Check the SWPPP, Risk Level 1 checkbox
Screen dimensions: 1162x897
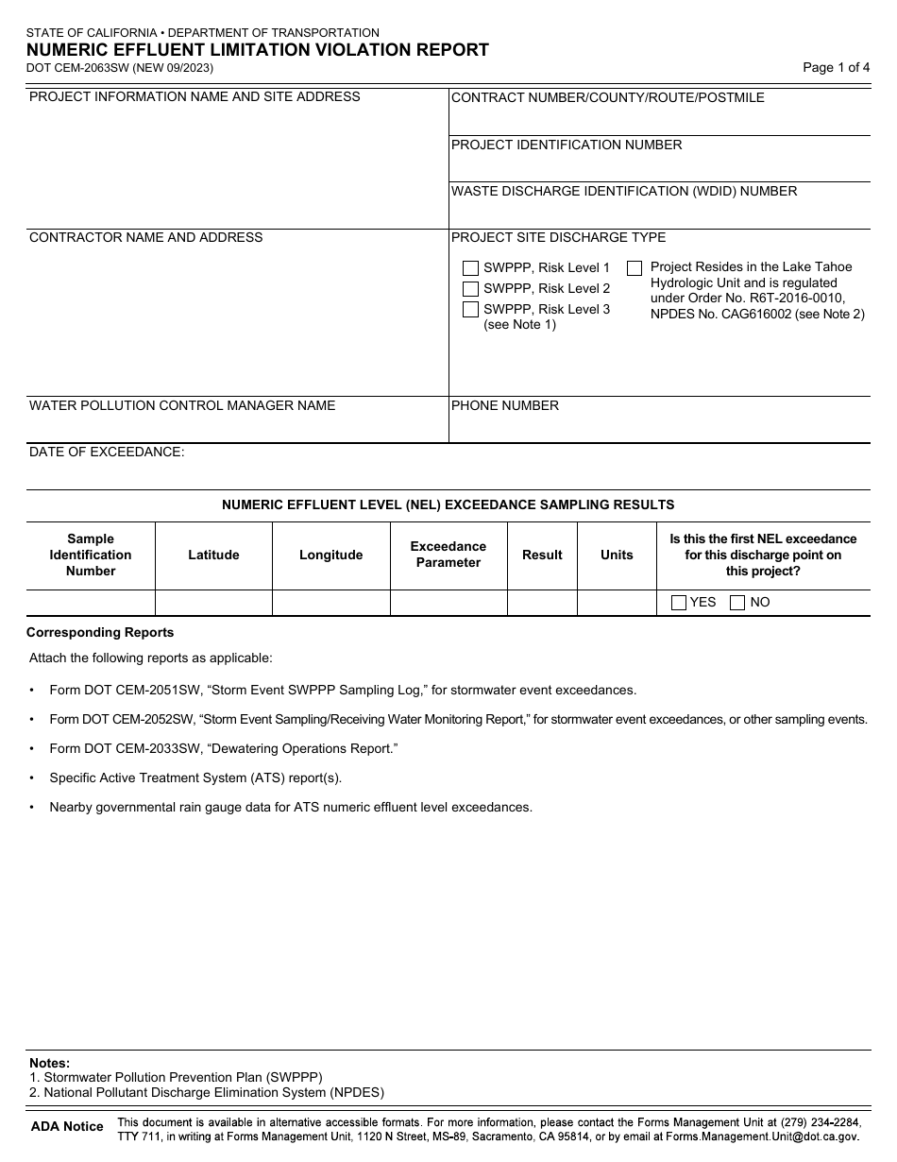point(470,268)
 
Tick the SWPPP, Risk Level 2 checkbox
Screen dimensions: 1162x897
point(470,289)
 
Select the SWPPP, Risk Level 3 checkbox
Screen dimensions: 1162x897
point(470,310)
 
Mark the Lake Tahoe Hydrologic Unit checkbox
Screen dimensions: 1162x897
point(635,268)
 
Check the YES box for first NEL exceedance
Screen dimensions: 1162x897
point(678,603)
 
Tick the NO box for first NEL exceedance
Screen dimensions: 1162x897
point(737,603)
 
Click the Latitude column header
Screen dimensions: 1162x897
point(213,555)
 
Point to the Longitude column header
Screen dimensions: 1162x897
point(330,555)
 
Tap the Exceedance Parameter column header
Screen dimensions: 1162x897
point(448,555)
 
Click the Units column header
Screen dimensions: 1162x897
point(617,555)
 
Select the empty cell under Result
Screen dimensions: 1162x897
point(542,603)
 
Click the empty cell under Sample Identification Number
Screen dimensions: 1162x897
point(91,603)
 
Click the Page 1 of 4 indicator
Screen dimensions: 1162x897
point(836,67)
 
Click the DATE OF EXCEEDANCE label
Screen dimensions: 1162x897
point(107,453)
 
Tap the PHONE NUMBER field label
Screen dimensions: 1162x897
point(505,406)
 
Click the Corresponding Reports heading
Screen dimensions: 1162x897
point(100,633)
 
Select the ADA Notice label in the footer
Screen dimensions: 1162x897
point(67,1126)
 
